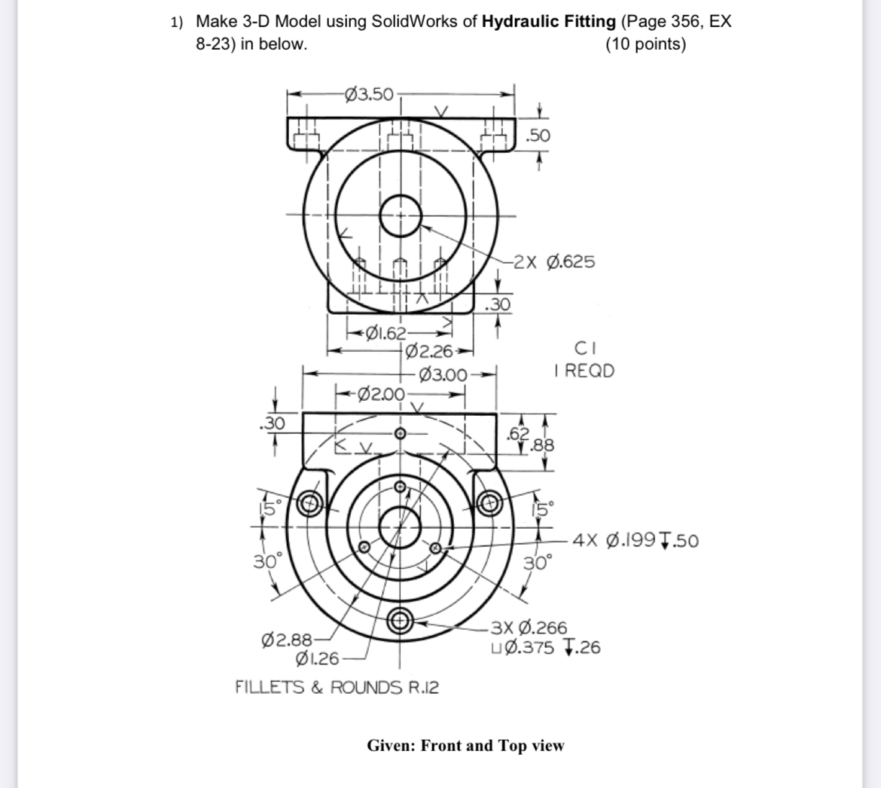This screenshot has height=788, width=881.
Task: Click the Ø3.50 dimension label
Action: [369, 94]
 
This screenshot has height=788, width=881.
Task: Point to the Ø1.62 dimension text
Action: [385, 334]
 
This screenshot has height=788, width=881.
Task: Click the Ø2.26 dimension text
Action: [428, 350]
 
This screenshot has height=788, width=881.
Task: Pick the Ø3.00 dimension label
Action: [444, 373]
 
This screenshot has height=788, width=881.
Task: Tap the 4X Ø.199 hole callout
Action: [636, 540]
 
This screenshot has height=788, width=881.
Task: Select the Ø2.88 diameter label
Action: [285, 640]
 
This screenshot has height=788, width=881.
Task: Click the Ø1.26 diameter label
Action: [319, 660]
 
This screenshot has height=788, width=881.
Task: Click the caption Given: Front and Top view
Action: [465, 746]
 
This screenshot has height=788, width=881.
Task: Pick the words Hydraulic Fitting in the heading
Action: [548, 21]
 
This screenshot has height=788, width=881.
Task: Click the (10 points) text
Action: [645, 44]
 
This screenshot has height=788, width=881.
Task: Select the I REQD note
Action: [584, 371]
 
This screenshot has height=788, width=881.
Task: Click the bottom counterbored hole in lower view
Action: [399, 622]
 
